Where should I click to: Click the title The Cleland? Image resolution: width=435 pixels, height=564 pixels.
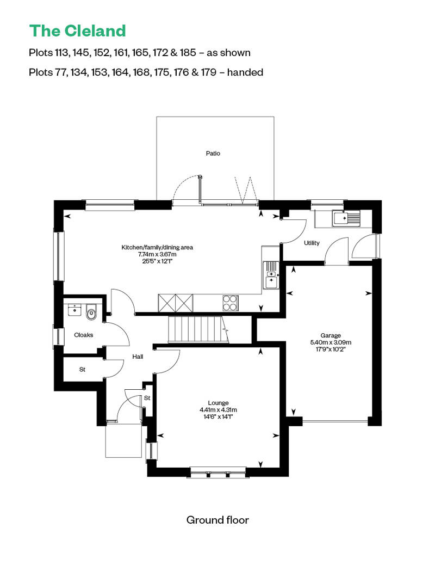point(78,30)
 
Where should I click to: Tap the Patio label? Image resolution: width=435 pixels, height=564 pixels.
point(213,154)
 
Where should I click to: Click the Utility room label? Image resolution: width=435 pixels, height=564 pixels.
point(312,243)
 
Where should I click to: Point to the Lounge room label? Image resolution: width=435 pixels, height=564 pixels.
point(218,403)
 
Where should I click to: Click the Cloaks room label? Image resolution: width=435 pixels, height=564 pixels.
point(84,335)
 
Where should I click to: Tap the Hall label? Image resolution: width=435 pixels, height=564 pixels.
point(138,357)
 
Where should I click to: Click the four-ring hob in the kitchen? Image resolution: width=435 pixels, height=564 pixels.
point(230,302)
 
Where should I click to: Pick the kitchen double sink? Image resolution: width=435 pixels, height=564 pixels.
point(270,275)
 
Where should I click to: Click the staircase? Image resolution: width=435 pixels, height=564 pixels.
point(196,329)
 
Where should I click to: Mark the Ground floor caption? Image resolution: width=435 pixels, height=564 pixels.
point(217,520)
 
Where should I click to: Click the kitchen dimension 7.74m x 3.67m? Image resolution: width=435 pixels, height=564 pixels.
point(157,254)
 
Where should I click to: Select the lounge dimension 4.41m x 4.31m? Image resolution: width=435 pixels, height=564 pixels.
point(218,410)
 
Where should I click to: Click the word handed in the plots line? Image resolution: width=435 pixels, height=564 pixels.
point(245,72)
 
